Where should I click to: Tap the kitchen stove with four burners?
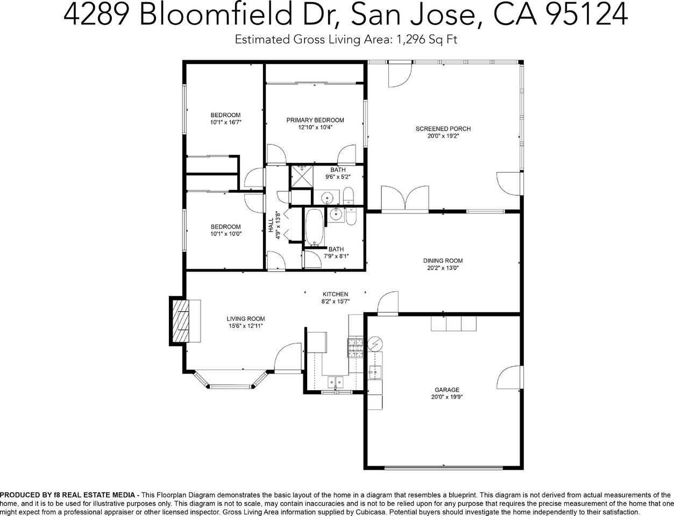click(x=356, y=348)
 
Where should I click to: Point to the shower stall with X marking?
click(x=302, y=177)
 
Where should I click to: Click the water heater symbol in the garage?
click(x=374, y=342)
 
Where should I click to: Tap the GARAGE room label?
click(x=447, y=390)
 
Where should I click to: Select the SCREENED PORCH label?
click(x=443, y=128)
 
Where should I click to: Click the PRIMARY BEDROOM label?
click(x=315, y=120)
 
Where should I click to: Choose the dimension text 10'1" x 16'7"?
click(x=225, y=123)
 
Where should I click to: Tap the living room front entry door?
click(x=287, y=357)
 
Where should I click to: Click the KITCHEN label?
click(x=335, y=294)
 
